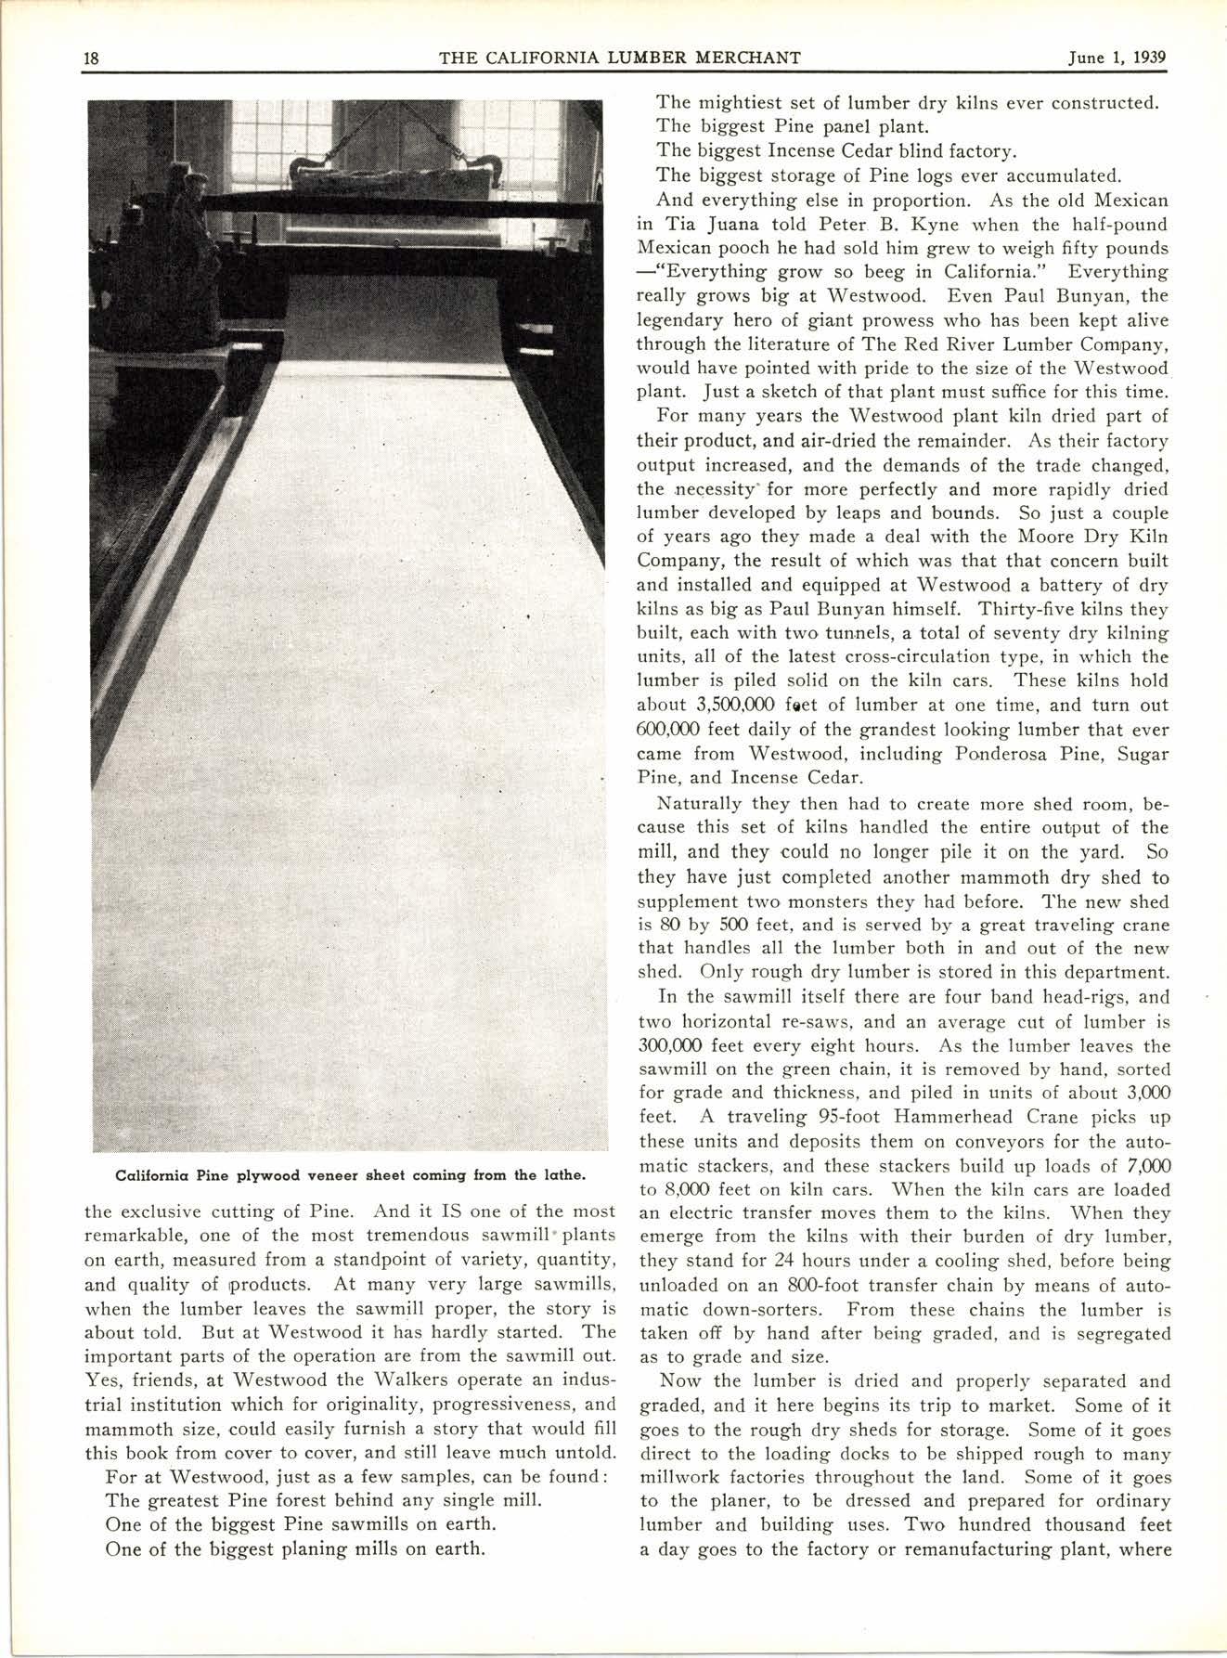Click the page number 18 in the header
coord(92,58)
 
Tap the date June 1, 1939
coord(1117,58)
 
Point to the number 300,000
coord(669,1044)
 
